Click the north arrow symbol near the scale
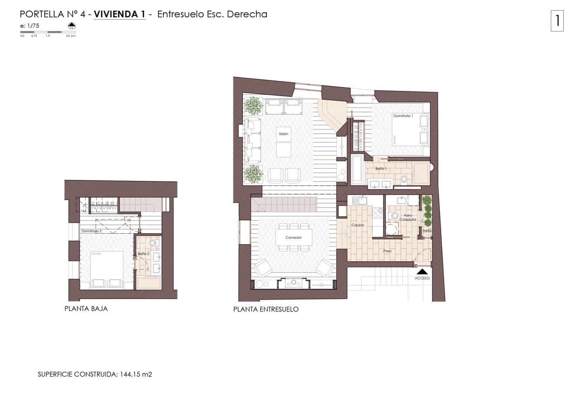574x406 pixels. pos(72,26)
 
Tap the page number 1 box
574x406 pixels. pos(557,21)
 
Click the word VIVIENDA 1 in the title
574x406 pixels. pos(119,14)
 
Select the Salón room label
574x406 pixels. pos(283,134)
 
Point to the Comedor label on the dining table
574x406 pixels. pos(293,238)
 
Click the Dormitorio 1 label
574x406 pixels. pos(403,116)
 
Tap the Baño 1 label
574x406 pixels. pos(381,168)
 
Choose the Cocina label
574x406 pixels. pos(357,225)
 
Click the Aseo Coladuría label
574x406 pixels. pos(408,217)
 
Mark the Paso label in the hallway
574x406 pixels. pos(387,251)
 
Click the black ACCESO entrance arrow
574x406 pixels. pos(422,272)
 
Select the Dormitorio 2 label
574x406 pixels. pos(91,231)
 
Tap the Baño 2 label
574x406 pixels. pos(143,254)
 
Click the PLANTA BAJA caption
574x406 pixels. pos(86,308)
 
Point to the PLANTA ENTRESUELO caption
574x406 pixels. pos(266,309)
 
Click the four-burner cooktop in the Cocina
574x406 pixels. pos(377,213)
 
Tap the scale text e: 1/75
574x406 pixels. pos(30,26)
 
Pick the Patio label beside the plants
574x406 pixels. pos(427,231)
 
